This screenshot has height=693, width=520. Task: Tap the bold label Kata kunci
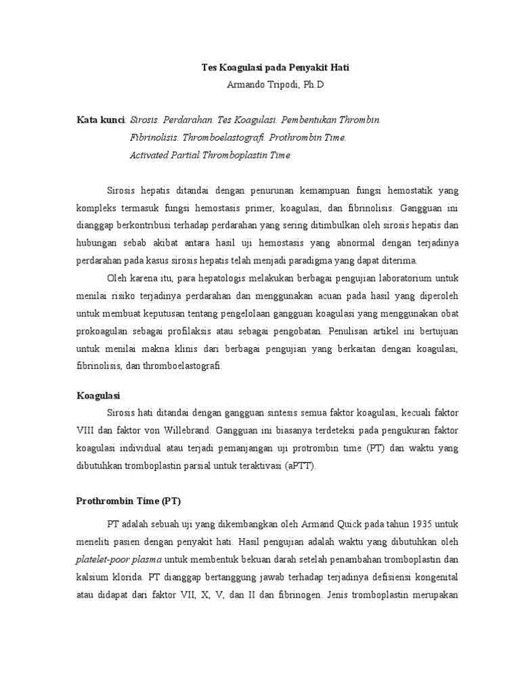pyautogui.click(x=101, y=120)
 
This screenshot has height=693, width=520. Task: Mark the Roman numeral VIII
pyautogui.click(x=87, y=431)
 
